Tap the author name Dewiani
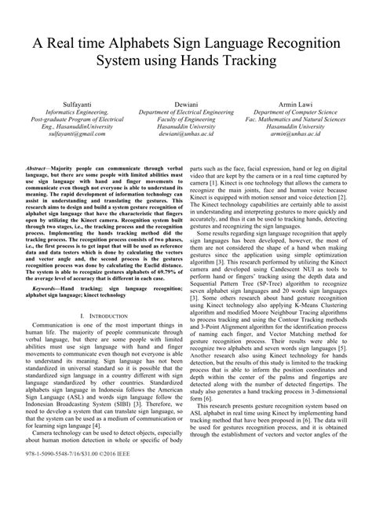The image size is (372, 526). pyautogui.click(x=186, y=102)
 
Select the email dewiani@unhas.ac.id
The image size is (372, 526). pyautogui.click(x=186, y=134)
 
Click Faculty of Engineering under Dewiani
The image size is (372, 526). pyautogui.click(x=186, y=119)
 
